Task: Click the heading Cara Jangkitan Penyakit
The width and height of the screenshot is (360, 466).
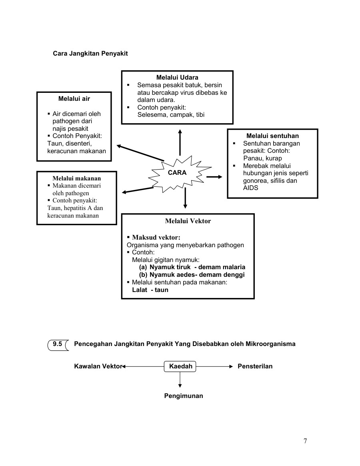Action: point(90,53)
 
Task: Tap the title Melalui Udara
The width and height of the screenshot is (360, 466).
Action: point(177,78)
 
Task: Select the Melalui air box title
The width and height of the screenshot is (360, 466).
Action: point(74,98)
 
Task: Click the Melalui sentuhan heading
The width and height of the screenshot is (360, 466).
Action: point(272,136)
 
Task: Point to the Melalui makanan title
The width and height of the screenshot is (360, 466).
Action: point(77,178)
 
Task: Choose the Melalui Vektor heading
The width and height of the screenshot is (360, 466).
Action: point(188,221)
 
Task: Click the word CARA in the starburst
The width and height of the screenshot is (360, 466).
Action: point(177,173)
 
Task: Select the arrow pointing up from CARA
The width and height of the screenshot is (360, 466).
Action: point(180,142)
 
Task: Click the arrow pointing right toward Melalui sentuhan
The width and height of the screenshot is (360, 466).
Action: point(214,177)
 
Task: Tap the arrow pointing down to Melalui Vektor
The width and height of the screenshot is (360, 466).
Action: point(185,198)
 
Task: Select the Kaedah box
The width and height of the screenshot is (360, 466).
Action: point(180,366)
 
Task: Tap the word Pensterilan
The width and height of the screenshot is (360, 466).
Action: point(255,366)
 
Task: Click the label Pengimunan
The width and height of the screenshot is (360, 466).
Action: point(184,396)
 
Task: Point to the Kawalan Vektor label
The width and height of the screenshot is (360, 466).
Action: point(98,366)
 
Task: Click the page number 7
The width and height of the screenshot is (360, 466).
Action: point(305,441)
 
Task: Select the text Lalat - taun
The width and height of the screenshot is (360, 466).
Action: point(150,290)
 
